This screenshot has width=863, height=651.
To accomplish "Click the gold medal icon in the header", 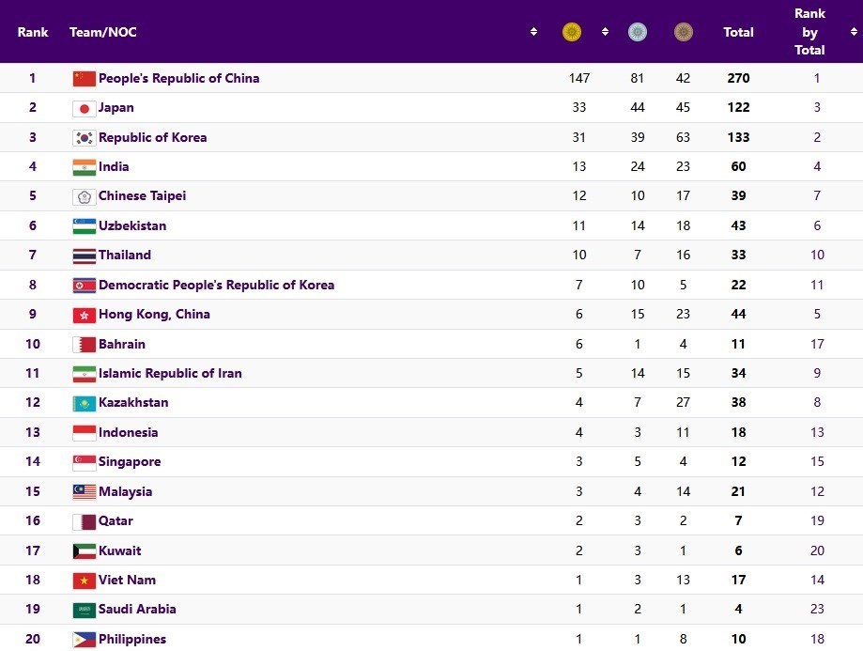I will (571, 32).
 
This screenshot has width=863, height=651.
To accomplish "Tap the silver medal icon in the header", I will (638, 32).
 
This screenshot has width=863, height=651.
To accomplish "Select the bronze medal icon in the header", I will (683, 32).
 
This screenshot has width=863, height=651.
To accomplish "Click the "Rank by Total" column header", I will (809, 32).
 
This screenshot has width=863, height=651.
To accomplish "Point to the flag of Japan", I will (85, 108).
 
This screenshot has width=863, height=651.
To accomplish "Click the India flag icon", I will (85, 167).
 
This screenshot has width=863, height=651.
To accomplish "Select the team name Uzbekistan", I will (132, 225).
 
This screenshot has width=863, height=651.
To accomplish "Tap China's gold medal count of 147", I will (578, 78).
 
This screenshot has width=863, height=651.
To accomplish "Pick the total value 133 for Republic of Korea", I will (738, 137).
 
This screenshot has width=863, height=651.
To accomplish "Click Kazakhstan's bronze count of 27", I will (683, 402).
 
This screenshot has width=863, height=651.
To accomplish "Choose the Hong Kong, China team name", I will (154, 314).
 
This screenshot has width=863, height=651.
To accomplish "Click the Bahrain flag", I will (85, 344).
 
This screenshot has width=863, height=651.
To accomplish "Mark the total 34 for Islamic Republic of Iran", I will (738, 373).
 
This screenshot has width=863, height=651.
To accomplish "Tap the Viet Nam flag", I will (85, 580).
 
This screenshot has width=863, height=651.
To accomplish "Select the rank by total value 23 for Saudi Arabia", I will (817, 609).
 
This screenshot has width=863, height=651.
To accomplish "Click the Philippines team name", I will (132, 639).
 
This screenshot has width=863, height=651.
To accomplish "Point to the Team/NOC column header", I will (102, 32).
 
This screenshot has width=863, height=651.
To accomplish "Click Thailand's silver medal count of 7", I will (638, 255).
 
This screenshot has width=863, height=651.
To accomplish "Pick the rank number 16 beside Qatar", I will (33, 520).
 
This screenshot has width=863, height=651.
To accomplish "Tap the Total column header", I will (738, 32).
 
